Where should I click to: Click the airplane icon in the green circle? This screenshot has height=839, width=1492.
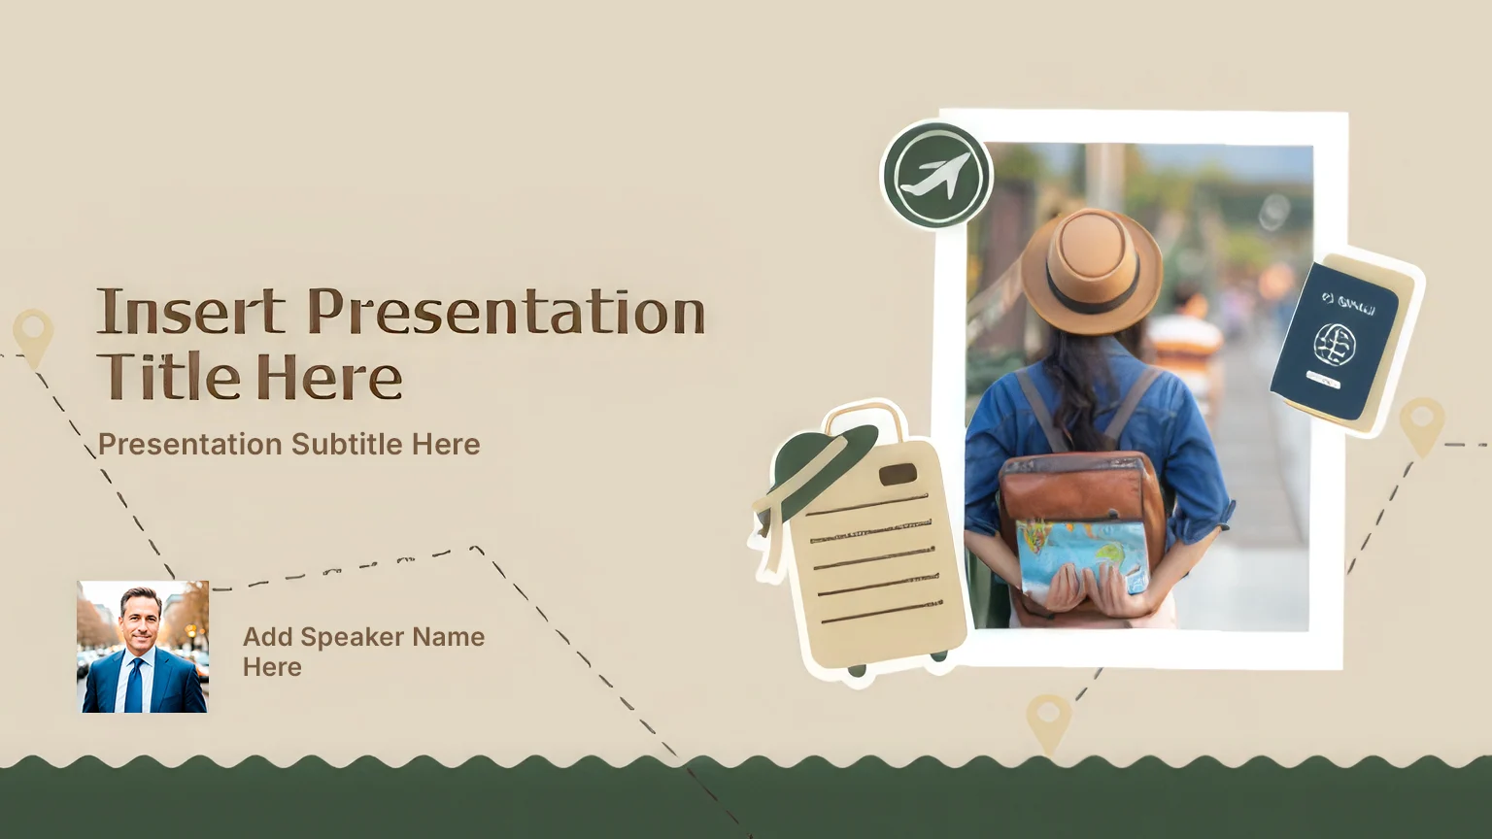[935, 175]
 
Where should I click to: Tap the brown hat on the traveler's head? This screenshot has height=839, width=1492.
[1092, 270]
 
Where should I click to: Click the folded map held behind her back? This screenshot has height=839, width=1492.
[1082, 554]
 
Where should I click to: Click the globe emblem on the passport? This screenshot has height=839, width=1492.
[1334, 345]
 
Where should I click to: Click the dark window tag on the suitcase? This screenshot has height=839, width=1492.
[898, 475]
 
